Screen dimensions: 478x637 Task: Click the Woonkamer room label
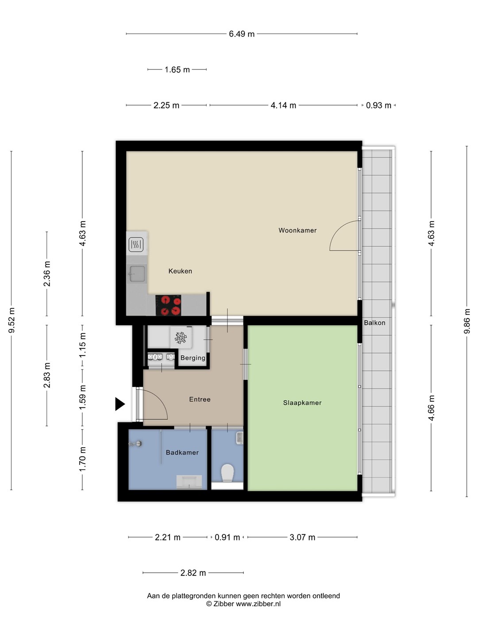pos(297,230)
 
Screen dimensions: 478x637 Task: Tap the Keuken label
pos(180,271)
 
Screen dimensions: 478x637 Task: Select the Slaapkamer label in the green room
pos(302,403)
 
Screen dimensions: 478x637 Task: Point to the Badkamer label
pos(182,453)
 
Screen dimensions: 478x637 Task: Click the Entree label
pos(200,399)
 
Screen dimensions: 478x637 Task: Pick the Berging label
pos(193,358)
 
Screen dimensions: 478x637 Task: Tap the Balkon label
pos(374,323)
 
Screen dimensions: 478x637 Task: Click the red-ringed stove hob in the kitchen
pos(168,305)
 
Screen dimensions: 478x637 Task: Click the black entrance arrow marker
pos(120,404)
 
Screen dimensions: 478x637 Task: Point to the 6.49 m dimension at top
pos(242,34)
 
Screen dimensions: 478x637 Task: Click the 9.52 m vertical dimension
pos(12,320)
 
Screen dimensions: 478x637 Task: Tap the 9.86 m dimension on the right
pos(466,321)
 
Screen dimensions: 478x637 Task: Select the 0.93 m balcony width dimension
pos(378,105)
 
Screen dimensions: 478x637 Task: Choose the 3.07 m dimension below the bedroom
pos(302,537)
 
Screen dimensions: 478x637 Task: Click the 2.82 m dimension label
pos(193,572)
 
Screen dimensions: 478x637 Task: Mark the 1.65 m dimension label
pos(177,69)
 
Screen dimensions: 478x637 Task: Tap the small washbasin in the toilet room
pos(240,437)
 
